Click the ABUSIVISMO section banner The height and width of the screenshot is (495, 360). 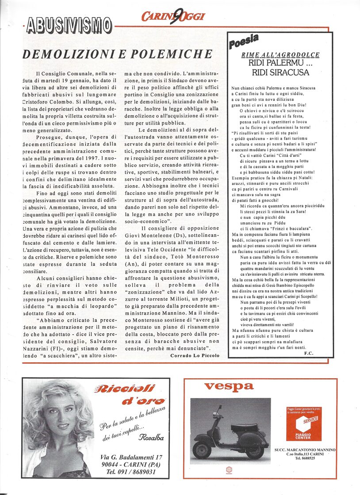tap(69, 25)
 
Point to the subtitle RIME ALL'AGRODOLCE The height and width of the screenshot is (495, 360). tap(280, 55)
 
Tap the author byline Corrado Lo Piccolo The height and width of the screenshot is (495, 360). tap(195, 355)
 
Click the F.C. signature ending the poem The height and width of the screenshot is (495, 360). tap(308, 353)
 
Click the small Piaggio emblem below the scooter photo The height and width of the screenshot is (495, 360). tap(229, 471)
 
